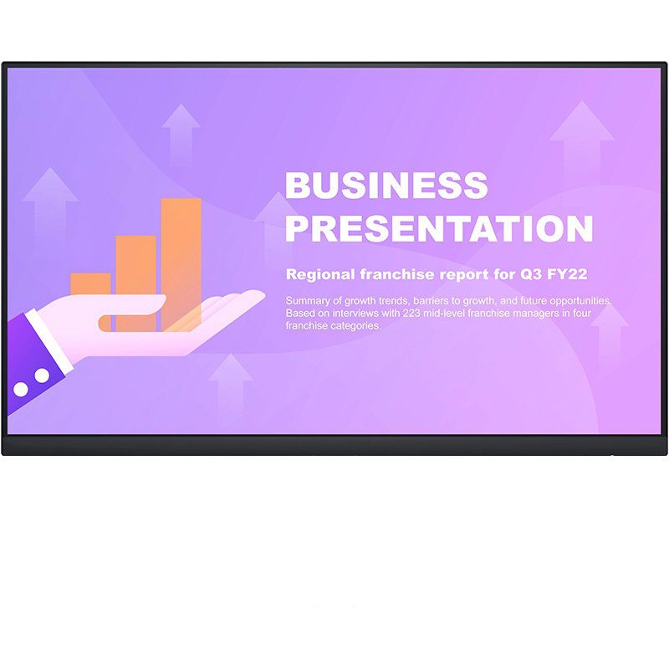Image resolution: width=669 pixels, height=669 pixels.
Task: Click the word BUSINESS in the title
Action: [x=386, y=185]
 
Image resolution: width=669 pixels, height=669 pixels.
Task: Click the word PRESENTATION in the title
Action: [x=439, y=228]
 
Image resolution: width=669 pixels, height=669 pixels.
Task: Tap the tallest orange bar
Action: [x=181, y=264]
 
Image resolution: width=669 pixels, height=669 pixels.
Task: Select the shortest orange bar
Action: [x=90, y=284]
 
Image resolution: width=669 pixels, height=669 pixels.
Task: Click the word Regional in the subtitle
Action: [x=320, y=274]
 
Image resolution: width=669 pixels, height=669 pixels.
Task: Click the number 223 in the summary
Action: [x=411, y=313]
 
